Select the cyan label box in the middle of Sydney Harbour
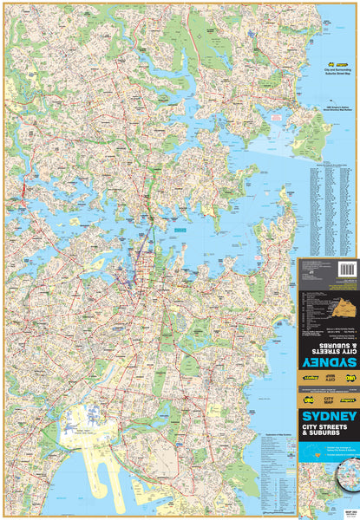coord(180,231)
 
